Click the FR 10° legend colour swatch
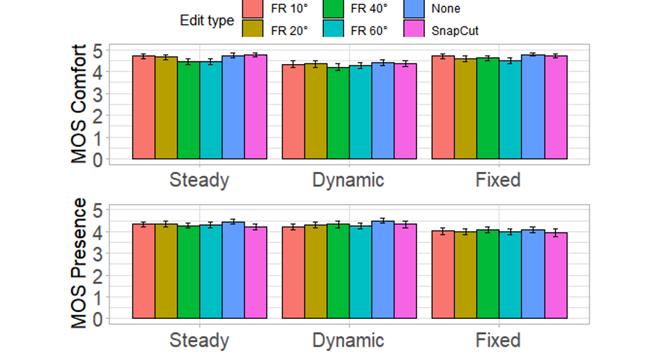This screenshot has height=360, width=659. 254,8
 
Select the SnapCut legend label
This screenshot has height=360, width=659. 455,30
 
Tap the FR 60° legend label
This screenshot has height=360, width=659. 368,30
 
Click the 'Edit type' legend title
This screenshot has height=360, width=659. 206,21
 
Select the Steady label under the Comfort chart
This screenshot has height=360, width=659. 199,180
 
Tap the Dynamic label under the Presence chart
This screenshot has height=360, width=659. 348,341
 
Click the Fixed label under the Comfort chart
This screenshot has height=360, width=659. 498,180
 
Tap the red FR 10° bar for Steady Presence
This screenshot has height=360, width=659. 144,272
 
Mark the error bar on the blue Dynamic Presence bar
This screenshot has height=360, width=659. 382,221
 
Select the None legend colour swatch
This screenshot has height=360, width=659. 415,8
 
